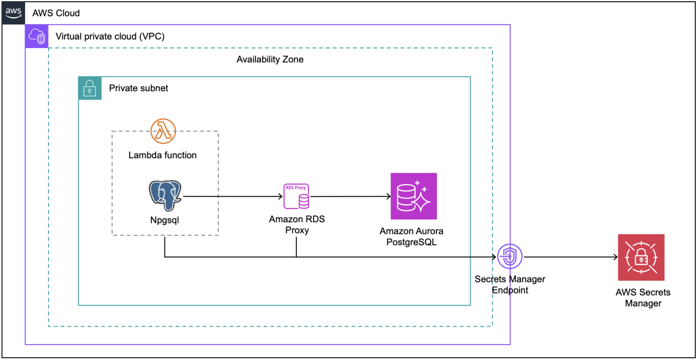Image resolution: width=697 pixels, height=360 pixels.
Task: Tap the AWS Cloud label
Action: coord(56,13)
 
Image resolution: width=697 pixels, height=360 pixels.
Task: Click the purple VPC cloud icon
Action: coord(37,36)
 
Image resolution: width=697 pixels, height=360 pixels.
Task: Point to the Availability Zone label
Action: coord(270,59)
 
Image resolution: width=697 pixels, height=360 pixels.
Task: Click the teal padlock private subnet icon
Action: coord(90,89)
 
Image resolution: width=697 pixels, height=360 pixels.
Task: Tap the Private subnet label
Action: coord(138,89)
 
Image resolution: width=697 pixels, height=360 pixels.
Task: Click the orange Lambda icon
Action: coord(163,131)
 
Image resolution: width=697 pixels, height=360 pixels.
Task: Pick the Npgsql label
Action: coord(164,219)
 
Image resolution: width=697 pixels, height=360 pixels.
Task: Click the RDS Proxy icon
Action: coord(297,196)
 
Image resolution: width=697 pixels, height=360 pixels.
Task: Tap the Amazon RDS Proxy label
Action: coord(297,225)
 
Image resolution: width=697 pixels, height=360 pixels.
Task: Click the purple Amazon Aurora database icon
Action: coord(414,196)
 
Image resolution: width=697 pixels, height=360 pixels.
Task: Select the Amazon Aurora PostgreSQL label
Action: coord(411,237)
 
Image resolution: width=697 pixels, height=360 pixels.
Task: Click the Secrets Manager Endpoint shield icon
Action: coord(510,257)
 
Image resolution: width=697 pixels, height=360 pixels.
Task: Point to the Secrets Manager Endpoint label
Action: coord(510,285)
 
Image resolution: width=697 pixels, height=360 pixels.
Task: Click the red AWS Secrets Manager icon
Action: coord(641,257)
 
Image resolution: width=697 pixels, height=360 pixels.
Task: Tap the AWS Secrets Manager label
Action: coord(643,298)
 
